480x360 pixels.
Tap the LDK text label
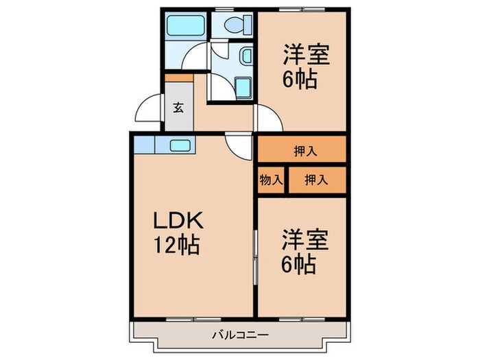[176, 221]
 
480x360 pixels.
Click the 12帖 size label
[176, 245]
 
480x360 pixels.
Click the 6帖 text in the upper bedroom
[300, 80]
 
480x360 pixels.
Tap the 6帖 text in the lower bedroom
[300, 264]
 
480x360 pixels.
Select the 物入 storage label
[272, 180]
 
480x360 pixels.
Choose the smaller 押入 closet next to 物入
[316, 180]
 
